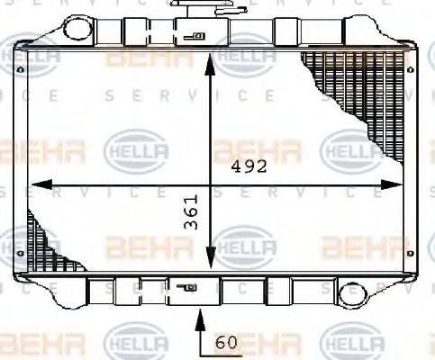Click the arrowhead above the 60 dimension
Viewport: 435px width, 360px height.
200,316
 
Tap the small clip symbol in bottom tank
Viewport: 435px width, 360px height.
187,289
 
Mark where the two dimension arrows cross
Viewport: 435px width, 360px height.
211,185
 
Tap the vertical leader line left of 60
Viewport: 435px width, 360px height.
200,335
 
